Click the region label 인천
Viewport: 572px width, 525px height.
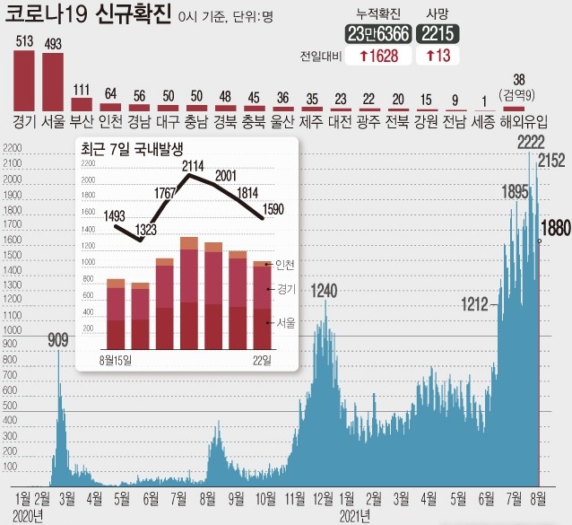(111, 119)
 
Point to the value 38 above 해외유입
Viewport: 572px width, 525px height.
(517, 78)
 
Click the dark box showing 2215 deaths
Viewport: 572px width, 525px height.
(438, 33)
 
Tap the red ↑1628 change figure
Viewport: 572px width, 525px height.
(379, 56)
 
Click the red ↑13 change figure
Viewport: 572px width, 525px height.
(438, 56)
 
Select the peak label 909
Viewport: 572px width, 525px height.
(58, 339)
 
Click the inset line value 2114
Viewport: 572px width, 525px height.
(191, 165)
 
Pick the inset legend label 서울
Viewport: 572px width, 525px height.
(286, 321)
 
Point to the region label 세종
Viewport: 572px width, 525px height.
(482, 119)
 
